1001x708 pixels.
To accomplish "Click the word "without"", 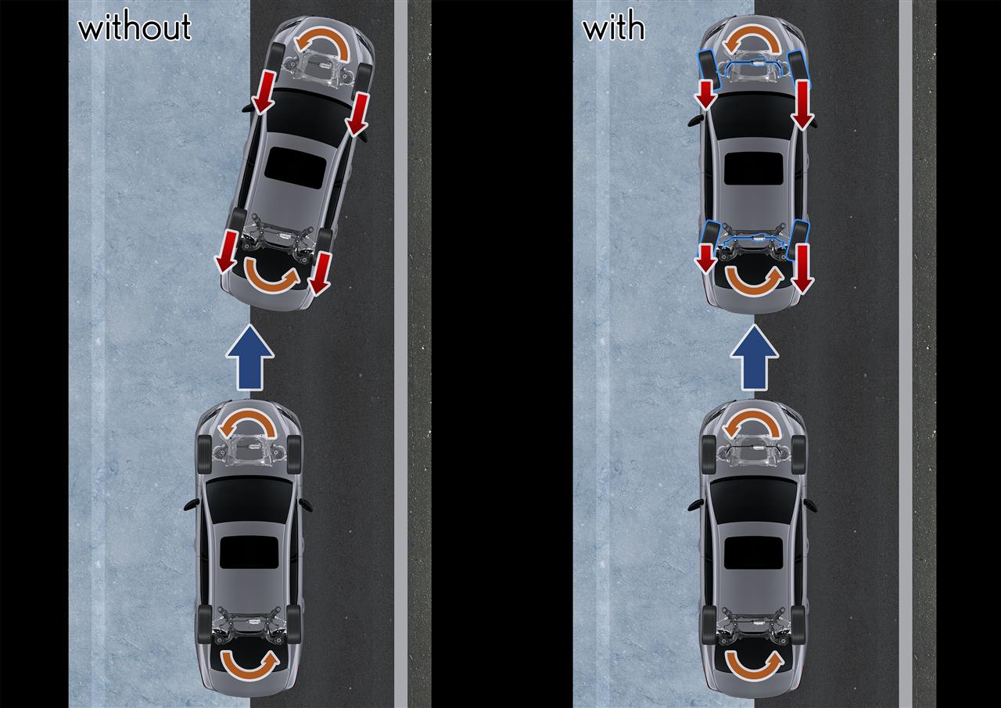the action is pyautogui.click(x=135, y=27).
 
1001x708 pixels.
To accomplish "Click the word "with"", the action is pyautogui.click(x=614, y=27).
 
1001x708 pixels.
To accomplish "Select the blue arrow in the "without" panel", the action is pyautogui.click(x=249, y=357).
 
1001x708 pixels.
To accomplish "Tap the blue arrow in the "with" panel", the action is pyautogui.click(x=755, y=357).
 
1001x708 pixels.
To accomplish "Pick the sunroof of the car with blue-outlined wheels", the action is pyautogui.click(x=753, y=168).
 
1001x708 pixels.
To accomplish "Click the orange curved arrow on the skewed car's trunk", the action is pyautogui.click(x=271, y=278).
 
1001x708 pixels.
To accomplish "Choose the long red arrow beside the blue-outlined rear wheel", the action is pyautogui.click(x=803, y=269).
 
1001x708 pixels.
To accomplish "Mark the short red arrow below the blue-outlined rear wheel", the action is pyautogui.click(x=706, y=258).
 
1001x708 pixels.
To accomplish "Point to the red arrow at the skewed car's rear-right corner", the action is pyautogui.click(x=320, y=274).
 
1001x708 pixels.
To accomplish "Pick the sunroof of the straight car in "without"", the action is pyautogui.click(x=249, y=552).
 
